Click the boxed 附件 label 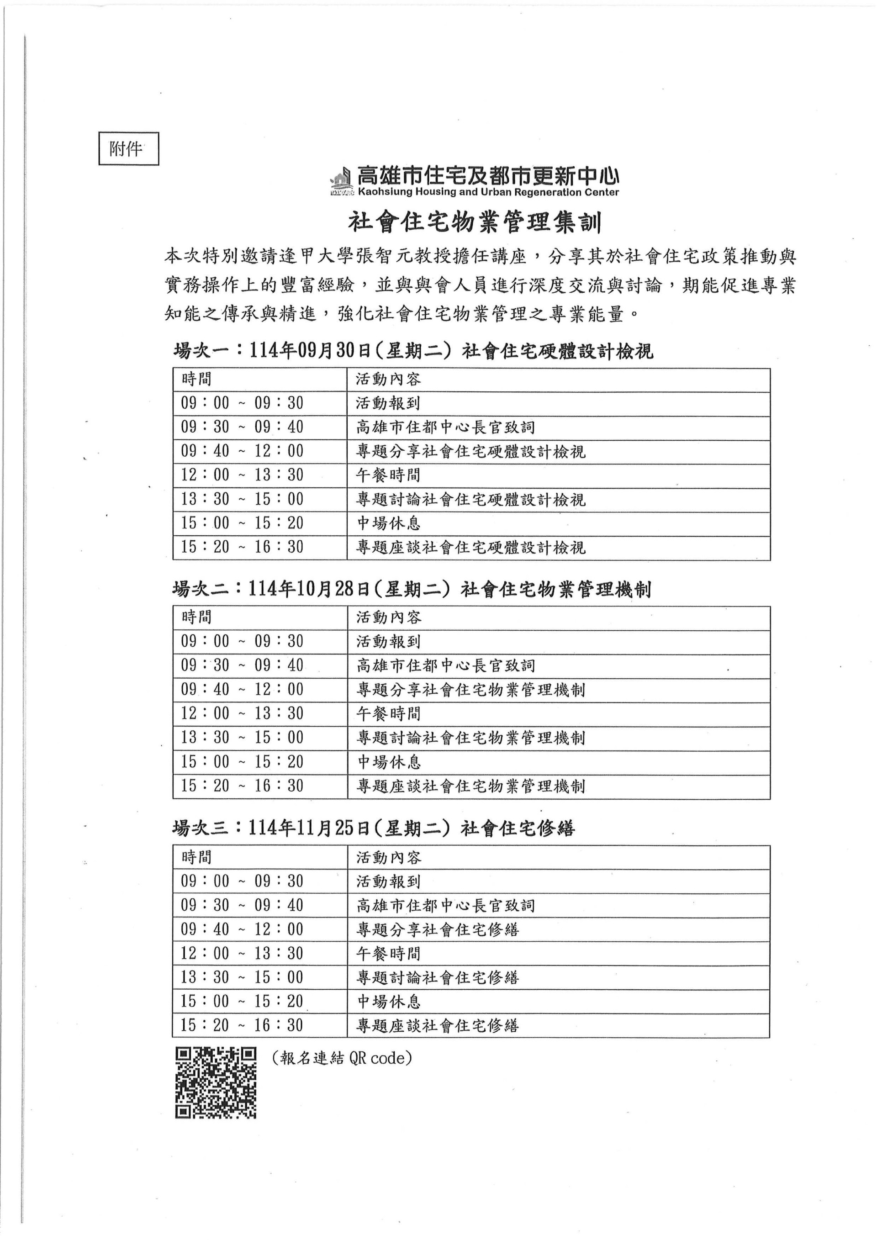pyautogui.click(x=128, y=148)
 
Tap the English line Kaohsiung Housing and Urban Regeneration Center pyautogui.click(x=488, y=192)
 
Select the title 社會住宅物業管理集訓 pyautogui.click(x=475, y=222)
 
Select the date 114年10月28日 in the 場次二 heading pyautogui.click(x=308, y=589)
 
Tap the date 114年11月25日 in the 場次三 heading pyautogui.click(x=308, y=828)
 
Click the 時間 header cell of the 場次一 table pyautogui.click(x=196, y=379)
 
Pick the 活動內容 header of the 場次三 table pyautogui.click(x=388, y=857)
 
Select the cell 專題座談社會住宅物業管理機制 pyautogui.click(x=470, y=786)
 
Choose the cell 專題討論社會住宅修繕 pyautogui.click(x=438, y=977)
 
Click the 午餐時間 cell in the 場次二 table pyautogui.click(x=388, y=714)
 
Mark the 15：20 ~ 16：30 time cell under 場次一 pyautogui.click(x=242, y=547)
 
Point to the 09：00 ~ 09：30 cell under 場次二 pyautogui.click(x=242, y=642)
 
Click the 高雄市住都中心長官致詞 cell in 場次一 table pyautogui.click(x=445, y=427)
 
